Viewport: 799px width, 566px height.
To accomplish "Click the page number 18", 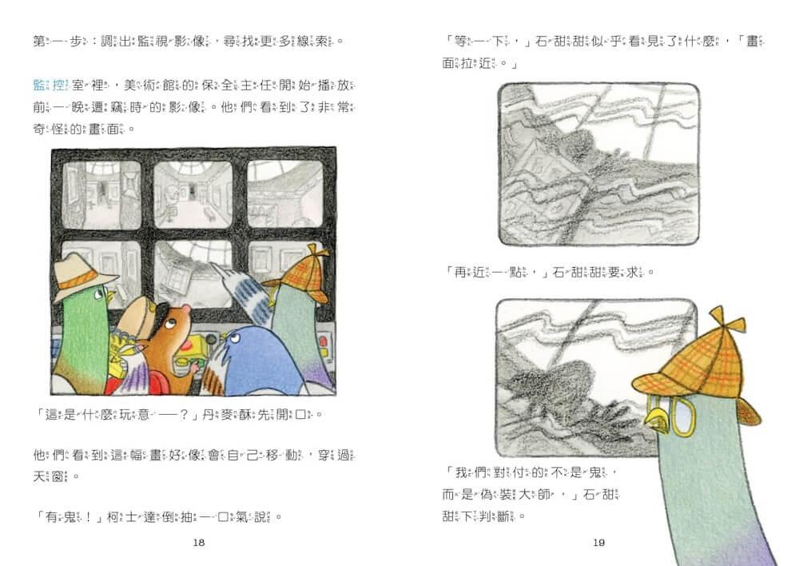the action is click(199, 543).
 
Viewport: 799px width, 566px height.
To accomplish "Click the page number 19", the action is click(598, 543).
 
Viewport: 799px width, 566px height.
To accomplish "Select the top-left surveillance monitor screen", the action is click(101, 194).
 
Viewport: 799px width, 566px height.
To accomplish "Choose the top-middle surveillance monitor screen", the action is click(193, 194).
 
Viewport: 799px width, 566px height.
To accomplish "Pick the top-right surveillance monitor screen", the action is click(285, 193).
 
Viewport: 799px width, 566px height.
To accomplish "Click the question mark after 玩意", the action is click(184, 415).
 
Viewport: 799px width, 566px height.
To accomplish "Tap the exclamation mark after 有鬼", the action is click(88, 517).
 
